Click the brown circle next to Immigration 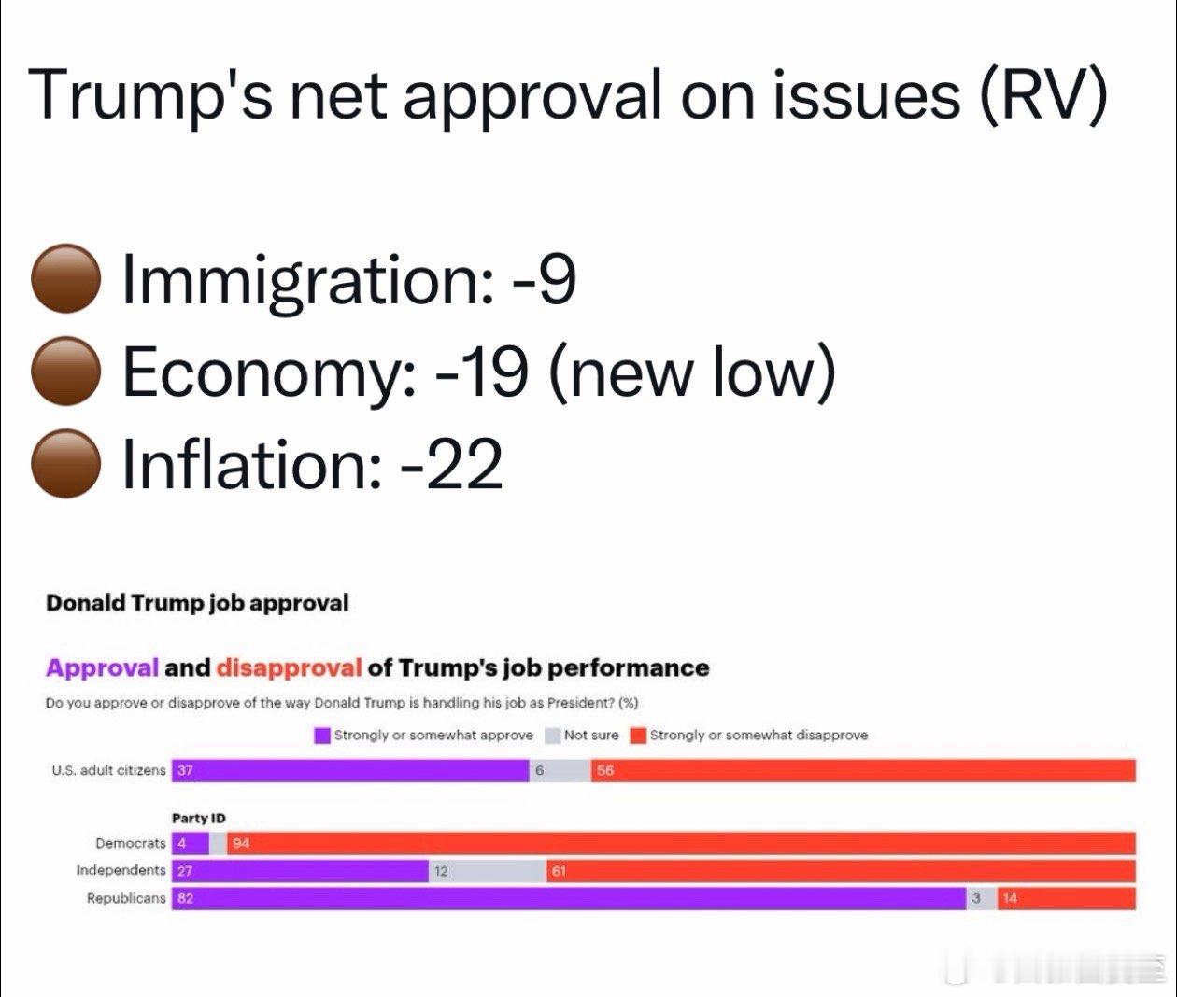coord(65,279)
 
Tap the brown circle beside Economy coord(65,371)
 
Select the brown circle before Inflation coord(65,463)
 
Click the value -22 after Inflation coord(452,464)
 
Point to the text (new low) coord(691,371)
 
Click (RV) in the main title coord(1043,94)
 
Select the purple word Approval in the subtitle coord(103,668)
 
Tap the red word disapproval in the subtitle coord(289,668)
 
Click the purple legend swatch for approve coord(322,736)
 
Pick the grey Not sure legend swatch coord(552,736)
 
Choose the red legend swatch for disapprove coord(639,736)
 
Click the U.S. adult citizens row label coord(108,770)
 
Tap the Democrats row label coord(130,843)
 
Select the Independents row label coord(121,870)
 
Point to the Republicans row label coord(126,898)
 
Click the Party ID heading coord(198,819)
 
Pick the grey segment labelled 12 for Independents coord(487,871)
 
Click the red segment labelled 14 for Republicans coord(1066,898)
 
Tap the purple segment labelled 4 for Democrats coord(191,843)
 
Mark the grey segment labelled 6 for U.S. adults coord(560,770)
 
